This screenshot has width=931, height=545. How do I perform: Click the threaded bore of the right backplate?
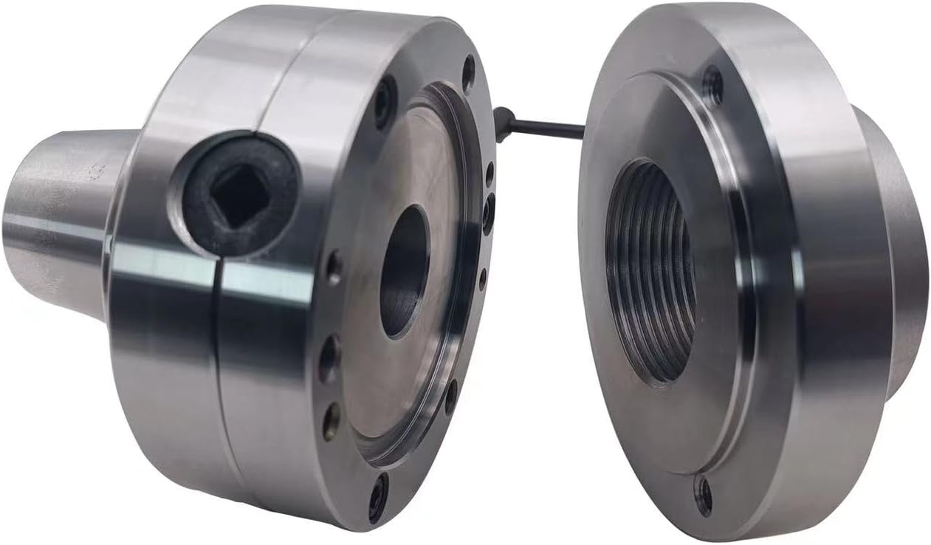point(650,273)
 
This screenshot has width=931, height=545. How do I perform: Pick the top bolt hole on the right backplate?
point(712,85)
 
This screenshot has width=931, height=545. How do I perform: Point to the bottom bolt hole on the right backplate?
point(703,494)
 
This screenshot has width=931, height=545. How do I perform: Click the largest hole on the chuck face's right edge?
point(488,213)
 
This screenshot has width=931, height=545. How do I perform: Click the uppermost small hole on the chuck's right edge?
point(489,174)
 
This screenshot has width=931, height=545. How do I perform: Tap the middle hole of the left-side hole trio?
point(329,358)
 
